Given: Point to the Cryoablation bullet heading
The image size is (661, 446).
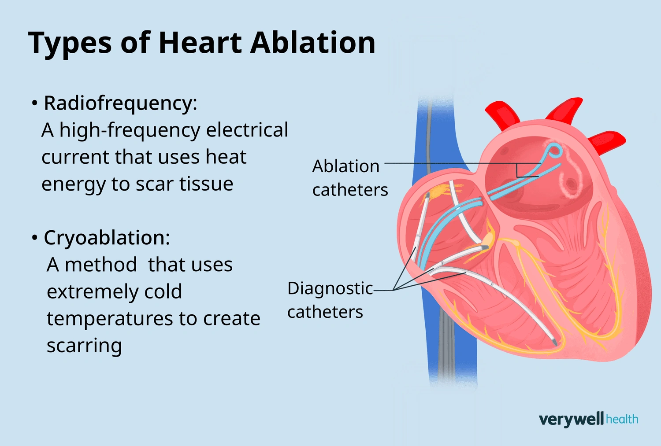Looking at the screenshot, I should point(106,238).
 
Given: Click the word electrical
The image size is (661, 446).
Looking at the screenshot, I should point(247,130).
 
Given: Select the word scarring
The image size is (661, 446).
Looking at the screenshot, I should point(84,346).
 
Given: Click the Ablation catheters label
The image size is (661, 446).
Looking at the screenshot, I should point(350,178).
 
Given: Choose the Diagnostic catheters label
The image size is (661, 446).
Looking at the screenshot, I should point(330,300).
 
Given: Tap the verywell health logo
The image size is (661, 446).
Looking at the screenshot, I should point(588,419).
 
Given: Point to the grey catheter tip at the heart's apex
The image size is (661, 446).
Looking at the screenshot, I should point(553,341).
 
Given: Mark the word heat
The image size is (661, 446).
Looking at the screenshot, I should point(226,157).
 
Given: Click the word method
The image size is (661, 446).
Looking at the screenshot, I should point(100,265).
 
